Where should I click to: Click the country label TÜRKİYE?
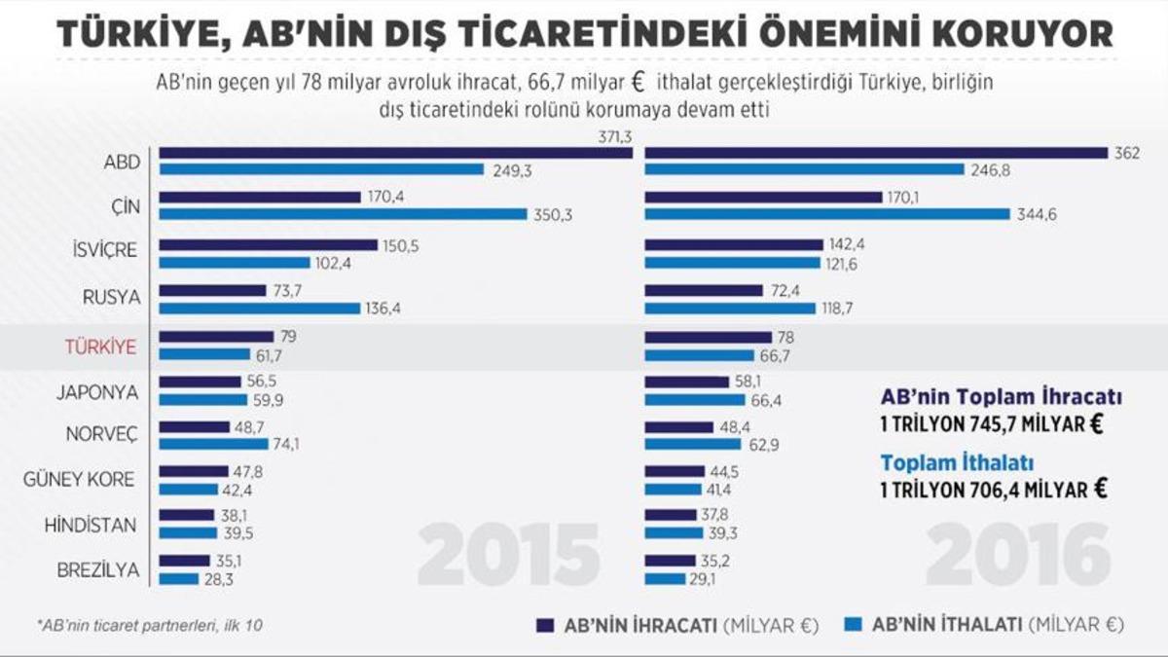[x=100, y=346]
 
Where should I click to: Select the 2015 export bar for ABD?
[x=395, y=153]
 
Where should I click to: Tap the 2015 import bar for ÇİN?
[x=343, y=214]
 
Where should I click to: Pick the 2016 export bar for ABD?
[x=876, y=153]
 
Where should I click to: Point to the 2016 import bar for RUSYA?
[x=729, y=308]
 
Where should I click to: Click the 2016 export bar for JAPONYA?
[x=686, y=383]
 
